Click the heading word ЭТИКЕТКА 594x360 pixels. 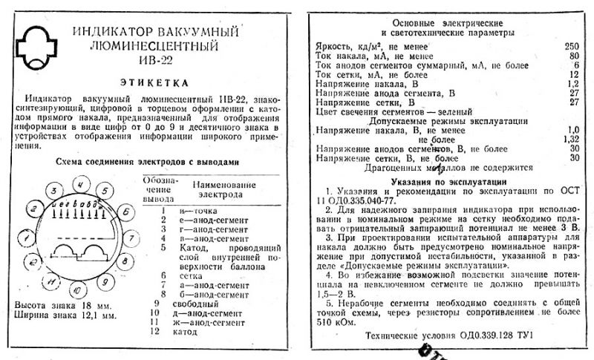point(154,82)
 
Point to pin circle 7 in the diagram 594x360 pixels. point(129,238)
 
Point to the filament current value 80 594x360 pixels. point(572,56)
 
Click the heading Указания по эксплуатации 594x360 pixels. point(441,181)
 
